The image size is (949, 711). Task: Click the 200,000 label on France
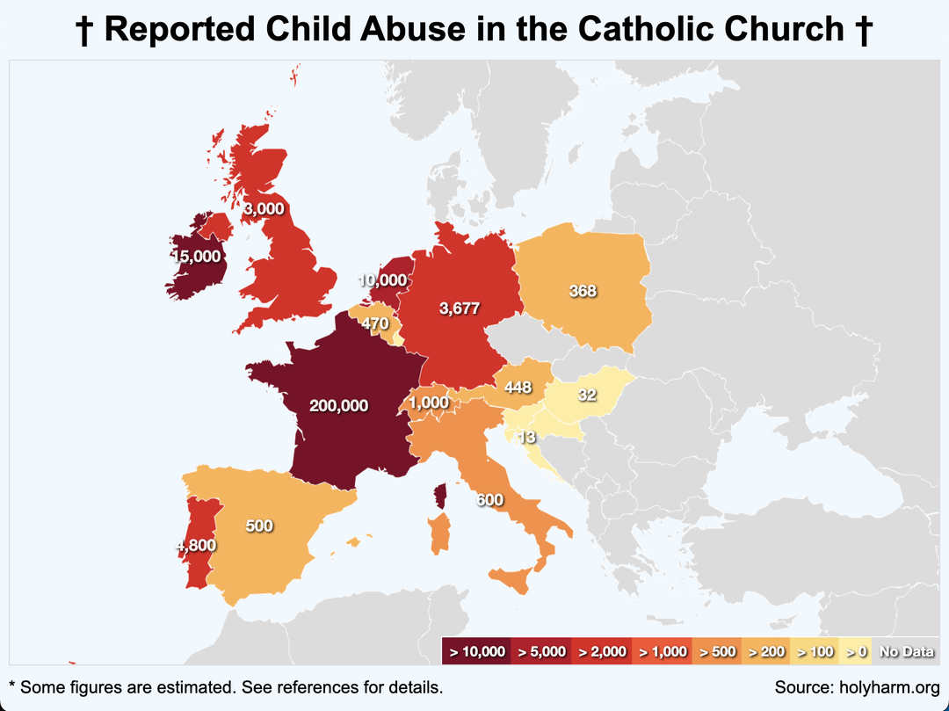pyautogui.click(x=338, y=405)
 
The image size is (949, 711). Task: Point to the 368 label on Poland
pyautogui.click(x=583, y=291)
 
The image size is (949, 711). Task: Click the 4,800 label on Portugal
pyautogui.click(x=196, y=545)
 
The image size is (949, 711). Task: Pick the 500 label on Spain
pyautogui.click(x=259, y=526)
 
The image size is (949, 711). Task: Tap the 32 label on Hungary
pyautogui.click(x=588, y=395)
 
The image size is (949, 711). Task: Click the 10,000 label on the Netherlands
pyautogui.click(x=382, y=280)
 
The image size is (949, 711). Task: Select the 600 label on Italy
pyautogui.click(x=489, y=500)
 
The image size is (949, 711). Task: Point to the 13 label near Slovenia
pyautogui.click(x=527, y=437)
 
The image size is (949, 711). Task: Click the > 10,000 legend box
pyautogui.click(x=477, y=651)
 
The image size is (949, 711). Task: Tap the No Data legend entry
pyautogui.click(x=906, y=651)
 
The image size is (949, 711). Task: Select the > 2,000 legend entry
pyautogui.click(x=601, y=651)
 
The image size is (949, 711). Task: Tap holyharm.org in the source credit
pyautogui.click(x=886, y=686)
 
